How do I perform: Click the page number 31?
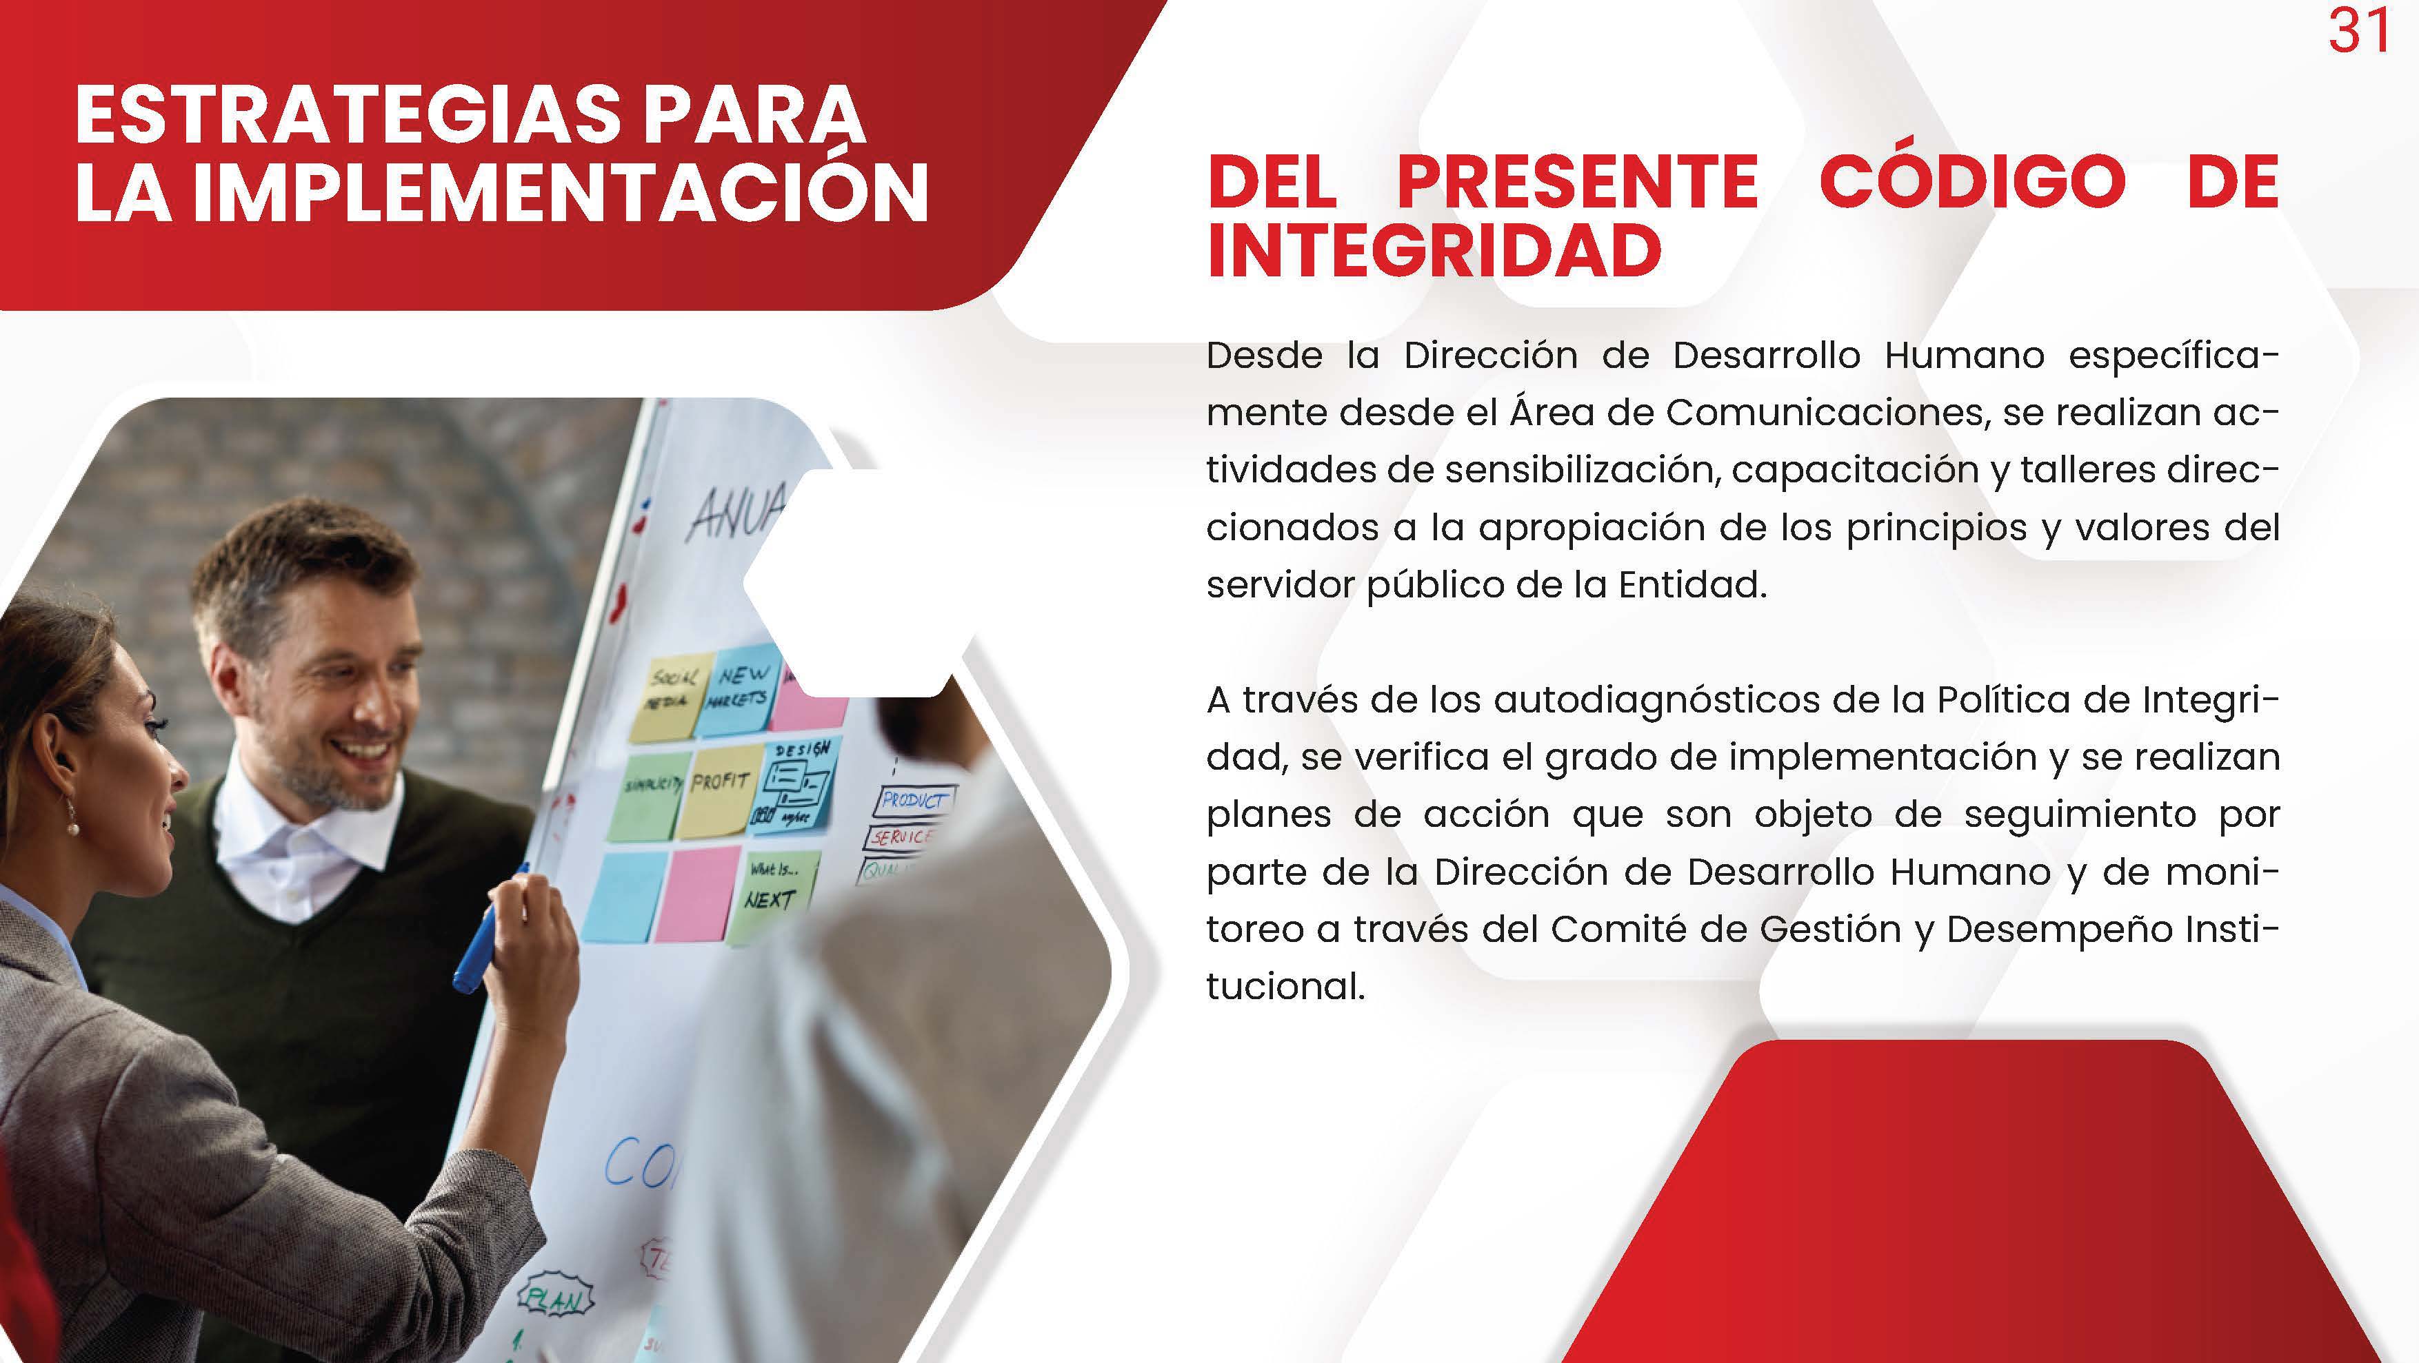(2358, 31)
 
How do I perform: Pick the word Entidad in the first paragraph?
(1692, 585)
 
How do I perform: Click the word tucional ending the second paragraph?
(1285, 987)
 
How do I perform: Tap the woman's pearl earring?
(71, 827)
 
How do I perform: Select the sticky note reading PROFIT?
(719, 790)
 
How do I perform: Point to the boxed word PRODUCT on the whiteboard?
(913, 800)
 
